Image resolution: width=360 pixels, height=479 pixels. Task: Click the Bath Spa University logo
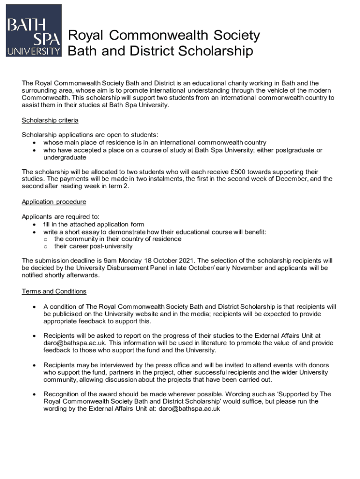(x=33, y=30)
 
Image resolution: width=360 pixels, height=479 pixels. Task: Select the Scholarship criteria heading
(x=50, y=120)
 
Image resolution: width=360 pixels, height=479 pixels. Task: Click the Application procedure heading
(x=54, y=202)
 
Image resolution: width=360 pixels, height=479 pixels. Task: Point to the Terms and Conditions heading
(x=54, y=291)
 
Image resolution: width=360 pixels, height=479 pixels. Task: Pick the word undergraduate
(x=61, y=158)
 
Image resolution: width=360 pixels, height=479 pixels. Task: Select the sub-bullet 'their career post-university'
(x=93, y=246)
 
